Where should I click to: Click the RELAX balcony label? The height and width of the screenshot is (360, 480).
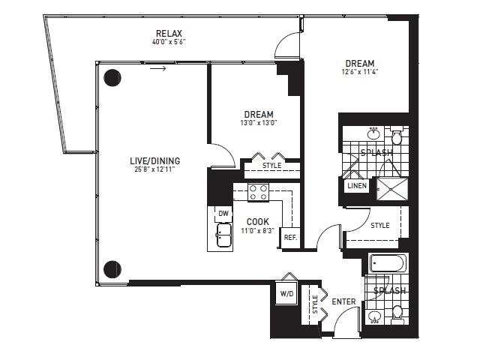pos(169,33)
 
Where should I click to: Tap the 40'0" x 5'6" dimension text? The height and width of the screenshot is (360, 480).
pos(169,42)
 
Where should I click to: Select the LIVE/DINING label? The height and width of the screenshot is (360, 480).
pos(155,160)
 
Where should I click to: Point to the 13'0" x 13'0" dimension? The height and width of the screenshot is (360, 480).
pos(259,123)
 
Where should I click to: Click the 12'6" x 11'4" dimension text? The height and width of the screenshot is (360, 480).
pos(360,72)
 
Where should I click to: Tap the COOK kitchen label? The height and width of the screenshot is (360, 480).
pos(258,221)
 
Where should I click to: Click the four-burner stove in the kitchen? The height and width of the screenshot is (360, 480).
pos(258,193)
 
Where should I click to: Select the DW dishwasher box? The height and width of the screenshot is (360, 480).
pos(223,214)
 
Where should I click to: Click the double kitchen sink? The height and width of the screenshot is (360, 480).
pos(224,235)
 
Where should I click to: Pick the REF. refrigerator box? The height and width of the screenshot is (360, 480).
pos(290,237)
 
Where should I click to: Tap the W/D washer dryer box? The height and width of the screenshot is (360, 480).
pos(286,293)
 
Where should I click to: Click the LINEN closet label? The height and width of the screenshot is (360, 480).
pos(357,185)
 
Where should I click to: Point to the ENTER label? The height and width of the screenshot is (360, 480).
pos(343,301)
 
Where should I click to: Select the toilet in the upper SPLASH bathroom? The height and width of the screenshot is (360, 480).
pos(397,136)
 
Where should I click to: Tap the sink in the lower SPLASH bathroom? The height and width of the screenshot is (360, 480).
pos(375,316)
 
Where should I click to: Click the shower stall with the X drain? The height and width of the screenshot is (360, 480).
pos(392,189)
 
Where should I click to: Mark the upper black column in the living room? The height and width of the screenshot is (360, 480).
pos(112,78)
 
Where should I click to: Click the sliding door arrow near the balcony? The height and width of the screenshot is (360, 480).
pos(158,68)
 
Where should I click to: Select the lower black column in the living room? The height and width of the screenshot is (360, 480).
pos(112,269)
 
